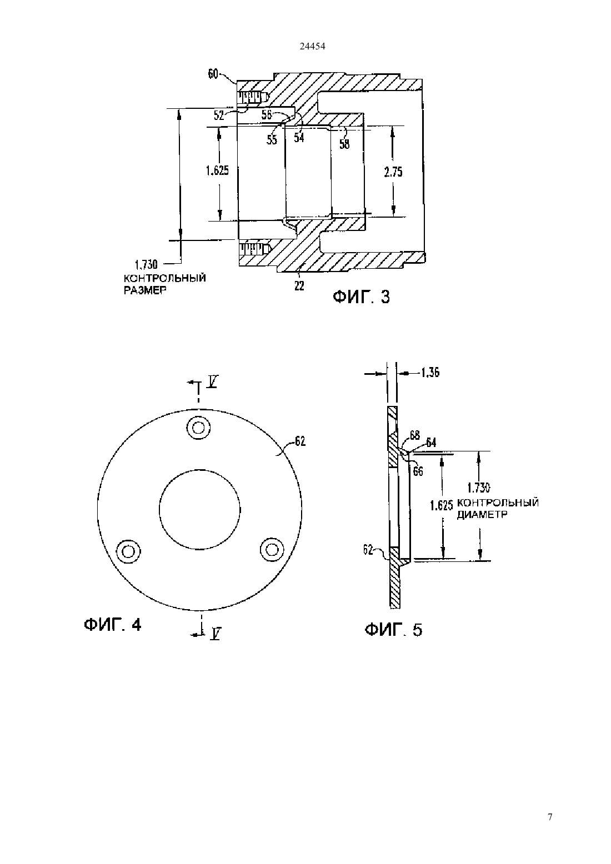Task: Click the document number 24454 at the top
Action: click(x=312, y=46)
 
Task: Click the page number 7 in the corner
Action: click(x=550, y=817)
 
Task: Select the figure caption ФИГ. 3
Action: click(x=362, y=297)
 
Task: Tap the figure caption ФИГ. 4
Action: click(x=113, y=625)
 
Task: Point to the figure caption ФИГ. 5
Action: click(x=393, y=630)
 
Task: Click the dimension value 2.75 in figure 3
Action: click(x=393, y=172)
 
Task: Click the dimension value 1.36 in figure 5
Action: click(x=430, y=373)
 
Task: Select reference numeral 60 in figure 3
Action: click(x=213, y=74)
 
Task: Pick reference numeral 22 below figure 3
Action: click(x=299, y=286)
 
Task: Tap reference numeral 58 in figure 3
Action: click(x=344, y=144)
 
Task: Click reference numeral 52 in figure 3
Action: click(x=219, y=115)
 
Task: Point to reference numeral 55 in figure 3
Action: click(x=272, y=139)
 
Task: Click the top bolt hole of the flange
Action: click(x=198, y=428)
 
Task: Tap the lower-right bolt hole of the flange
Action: click(x=272, y=550)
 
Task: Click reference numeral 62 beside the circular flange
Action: click(x=300, y=441)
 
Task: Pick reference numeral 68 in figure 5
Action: click(x=415, y=435)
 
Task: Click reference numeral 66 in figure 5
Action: click(x=418, y=471)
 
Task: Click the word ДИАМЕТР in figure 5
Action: click(x=482, y=515)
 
